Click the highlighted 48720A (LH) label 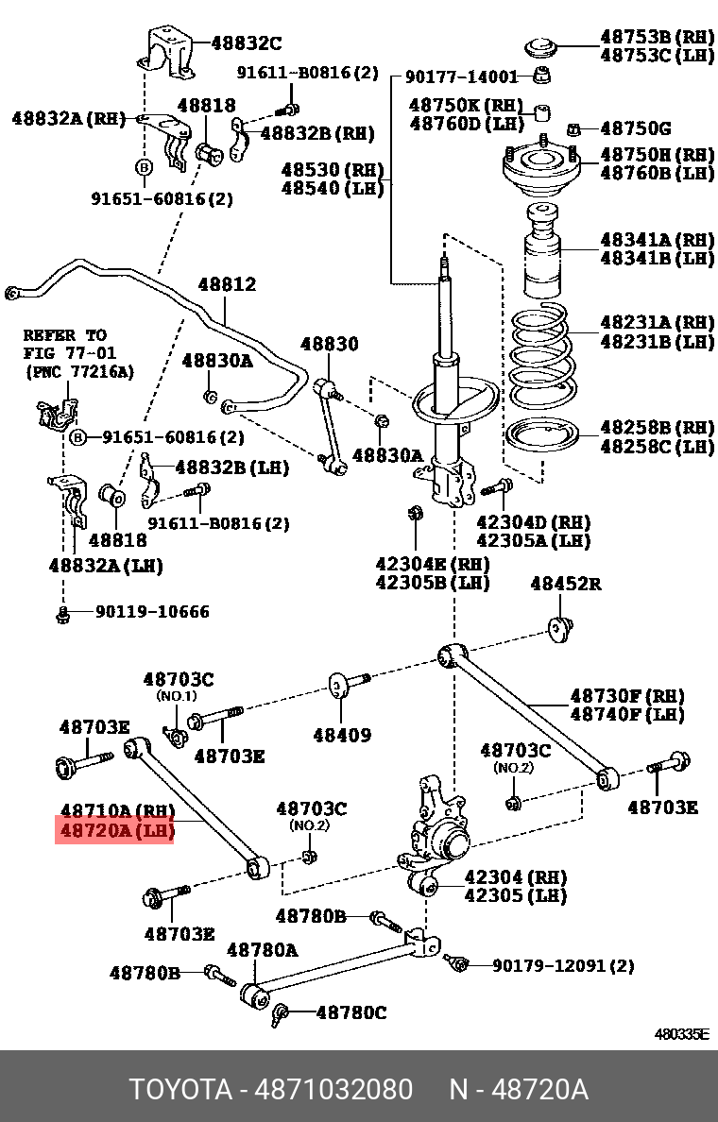tap(114, 832)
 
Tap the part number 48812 tap(227, 283)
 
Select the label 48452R tap(565, 584)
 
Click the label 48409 tap(341, 735)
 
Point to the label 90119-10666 tap(152, 612)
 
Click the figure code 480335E tap(682, 1034)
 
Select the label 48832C tap(246, 42)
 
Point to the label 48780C tap(350, 1012)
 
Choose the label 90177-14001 tap(462, 77)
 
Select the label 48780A tap(262, 949)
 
